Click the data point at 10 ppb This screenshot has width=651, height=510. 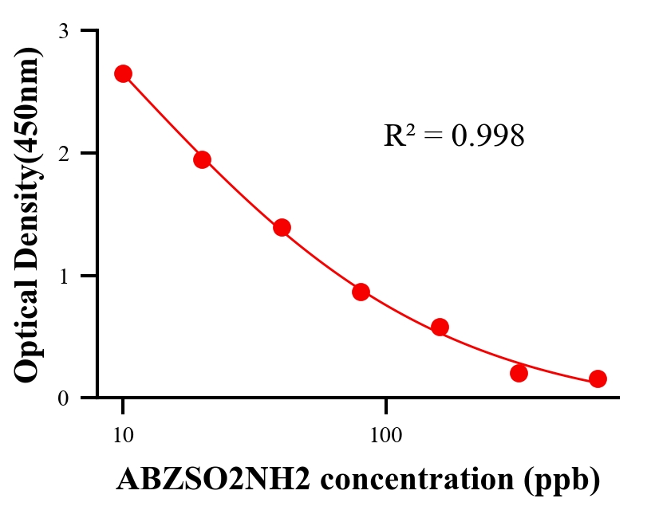123,74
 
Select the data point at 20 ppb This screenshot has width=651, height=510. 202,159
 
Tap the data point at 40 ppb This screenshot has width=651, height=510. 282,228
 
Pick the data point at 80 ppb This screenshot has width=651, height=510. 361,292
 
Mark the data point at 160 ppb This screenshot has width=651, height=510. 440,327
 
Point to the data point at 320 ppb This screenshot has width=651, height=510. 519,373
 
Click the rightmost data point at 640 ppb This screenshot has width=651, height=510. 598,379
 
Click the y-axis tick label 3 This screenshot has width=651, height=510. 63,32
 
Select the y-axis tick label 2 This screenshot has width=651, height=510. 63,153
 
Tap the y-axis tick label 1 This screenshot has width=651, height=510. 63,276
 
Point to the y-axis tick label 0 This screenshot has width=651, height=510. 63,398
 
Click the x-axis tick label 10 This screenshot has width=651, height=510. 123,436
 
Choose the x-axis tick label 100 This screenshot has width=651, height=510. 385,436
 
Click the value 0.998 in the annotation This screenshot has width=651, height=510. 487,136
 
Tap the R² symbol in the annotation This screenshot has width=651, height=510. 399,135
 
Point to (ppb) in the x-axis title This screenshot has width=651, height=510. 562,480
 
